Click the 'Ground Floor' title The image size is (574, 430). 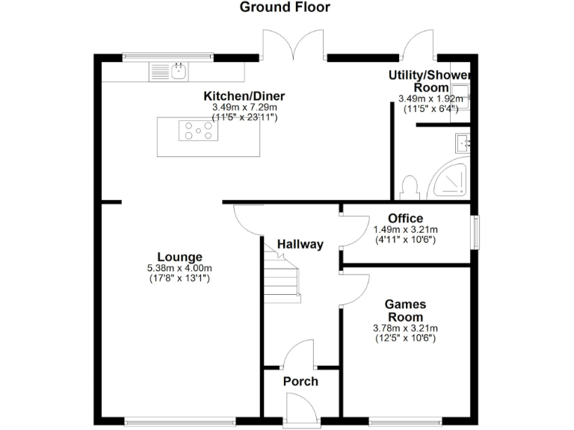285,7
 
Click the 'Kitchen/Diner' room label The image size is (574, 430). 244,96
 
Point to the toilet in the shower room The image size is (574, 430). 409,185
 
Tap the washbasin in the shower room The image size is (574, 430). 461,142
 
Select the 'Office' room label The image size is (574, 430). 405,218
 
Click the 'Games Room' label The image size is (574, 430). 405,311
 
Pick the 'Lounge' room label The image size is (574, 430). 179,258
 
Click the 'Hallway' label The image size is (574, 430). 300,244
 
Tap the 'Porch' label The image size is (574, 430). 300,381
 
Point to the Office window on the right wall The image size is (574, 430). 474,231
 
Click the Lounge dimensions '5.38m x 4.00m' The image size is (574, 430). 179,269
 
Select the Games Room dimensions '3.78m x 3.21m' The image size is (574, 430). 405,328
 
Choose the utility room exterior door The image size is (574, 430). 417,46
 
